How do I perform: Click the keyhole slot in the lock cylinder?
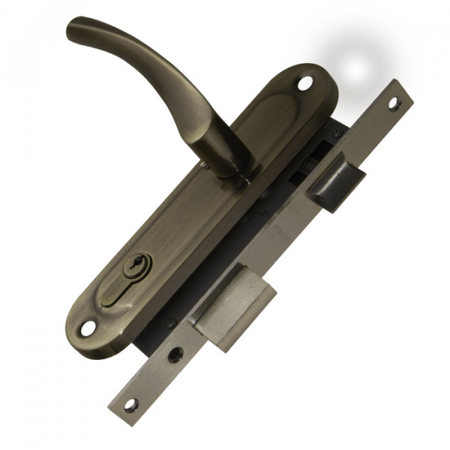136,265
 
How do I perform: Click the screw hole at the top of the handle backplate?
304,83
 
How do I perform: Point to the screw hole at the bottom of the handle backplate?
88,328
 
